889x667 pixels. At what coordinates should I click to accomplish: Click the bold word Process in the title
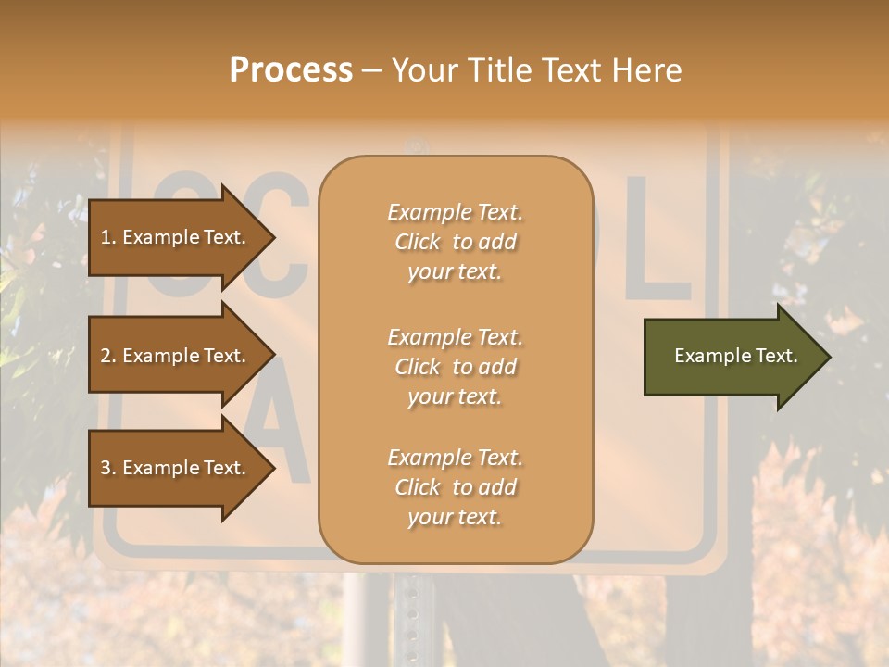[x=291, y=70]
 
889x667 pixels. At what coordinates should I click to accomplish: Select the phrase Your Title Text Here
[x=536, y=70]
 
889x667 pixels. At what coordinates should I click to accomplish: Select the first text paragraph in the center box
[x=455, y=242]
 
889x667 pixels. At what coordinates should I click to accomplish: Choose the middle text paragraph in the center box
[x=455, y=367]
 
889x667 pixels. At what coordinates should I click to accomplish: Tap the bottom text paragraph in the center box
[x=455, y=487]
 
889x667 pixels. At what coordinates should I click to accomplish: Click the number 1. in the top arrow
[x=108, y=237]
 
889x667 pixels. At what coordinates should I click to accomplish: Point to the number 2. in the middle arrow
[x=108, y=356]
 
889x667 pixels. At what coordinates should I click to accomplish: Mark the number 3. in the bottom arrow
[x=108, y=468]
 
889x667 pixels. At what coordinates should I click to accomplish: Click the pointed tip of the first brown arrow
[x=272, y=237]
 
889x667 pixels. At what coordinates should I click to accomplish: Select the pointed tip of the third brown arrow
[x=272, y=468]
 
